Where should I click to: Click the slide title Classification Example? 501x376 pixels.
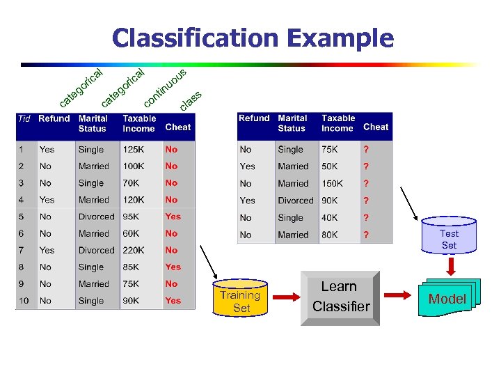253,38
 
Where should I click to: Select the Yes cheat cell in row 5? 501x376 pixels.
173,217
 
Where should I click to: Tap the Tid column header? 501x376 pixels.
24,119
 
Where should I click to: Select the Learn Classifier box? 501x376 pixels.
340,297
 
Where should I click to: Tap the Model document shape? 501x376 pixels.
446,299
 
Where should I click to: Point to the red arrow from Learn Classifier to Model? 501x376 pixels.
399,296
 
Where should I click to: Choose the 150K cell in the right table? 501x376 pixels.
332,184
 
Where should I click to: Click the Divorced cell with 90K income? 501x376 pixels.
296,201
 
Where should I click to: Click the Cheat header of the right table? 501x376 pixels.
376,127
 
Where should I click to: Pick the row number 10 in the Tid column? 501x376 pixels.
24,301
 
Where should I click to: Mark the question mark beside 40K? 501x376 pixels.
366,218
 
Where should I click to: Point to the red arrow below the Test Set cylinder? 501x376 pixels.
450,265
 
